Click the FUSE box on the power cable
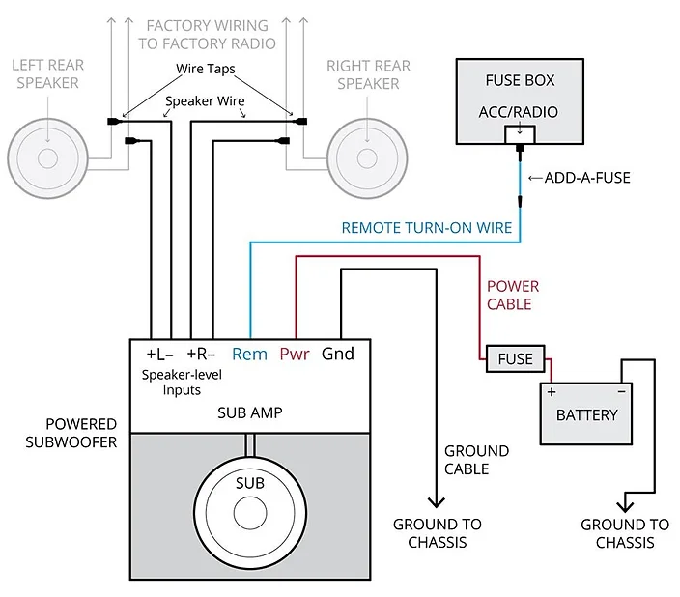tap(515, 358)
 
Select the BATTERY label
tap(586, 414)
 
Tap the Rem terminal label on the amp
tap(249, 354)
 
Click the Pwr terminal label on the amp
tap(295, 354)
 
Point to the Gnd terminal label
tap(338, 354)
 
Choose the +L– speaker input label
tap(160, 354)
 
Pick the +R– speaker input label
tap(201, 354)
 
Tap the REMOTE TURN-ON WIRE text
tap(425, 229)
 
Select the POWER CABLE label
tap(512, 296)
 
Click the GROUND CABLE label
tap(476, 460)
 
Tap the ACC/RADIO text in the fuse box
tap(518, 112)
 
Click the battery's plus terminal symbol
tap(552, 392)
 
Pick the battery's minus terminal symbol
tap(621, 392)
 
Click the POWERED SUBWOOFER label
tap(81, 433)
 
